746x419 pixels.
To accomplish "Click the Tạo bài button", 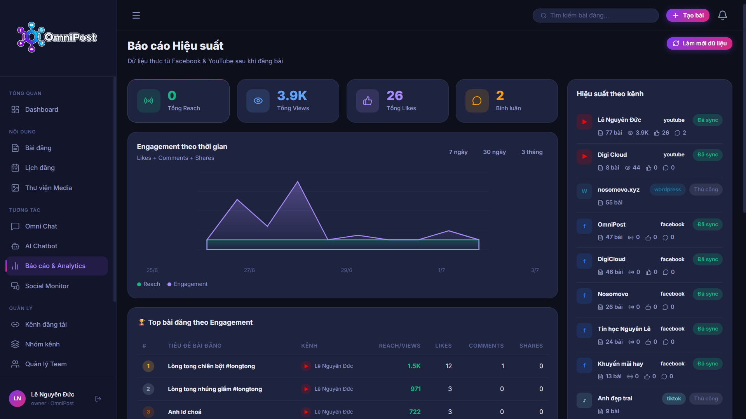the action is click(x=688, y=16).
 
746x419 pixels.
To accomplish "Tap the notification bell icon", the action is click(x=723, y=16).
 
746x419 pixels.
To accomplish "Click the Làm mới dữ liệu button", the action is click(x=699, y=43).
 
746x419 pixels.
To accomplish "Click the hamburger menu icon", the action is click(x=136, y=16).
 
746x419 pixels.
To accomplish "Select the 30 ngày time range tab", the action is click(x=494, y=152).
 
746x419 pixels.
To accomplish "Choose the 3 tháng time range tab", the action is click(x=532, y=152).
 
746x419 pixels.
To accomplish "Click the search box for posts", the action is click(x=596, y=16).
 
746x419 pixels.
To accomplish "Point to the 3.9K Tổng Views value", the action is click(x=292, y=95).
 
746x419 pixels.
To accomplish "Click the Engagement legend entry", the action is click(x=187, y=284).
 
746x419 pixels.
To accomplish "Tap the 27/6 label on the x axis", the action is click(x=249, y=270).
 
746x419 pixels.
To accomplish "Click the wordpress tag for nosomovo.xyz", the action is click(x=668, y=190).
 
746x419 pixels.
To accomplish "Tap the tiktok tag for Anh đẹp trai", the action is click(x=674, y=398).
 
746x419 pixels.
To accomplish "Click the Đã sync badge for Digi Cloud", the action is click(x=708, y=155).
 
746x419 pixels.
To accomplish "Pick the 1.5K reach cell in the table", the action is click(x=414, y=366).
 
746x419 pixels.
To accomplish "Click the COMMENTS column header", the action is click(x=486, y=346).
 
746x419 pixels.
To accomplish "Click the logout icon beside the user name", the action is click(x=98, y=398).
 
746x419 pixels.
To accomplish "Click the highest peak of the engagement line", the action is click(x=298, y=182).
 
